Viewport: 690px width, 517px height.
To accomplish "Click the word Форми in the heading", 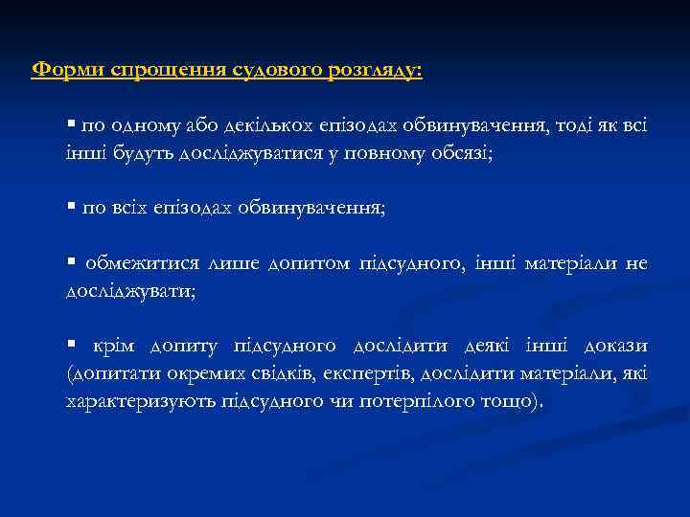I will (68, 71).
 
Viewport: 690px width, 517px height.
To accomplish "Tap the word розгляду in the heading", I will (374, 71).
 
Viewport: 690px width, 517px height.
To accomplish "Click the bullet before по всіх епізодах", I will (70, 208).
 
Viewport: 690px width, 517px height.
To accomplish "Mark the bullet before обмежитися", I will (70, 263).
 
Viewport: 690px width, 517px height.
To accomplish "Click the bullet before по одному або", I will (70, 125).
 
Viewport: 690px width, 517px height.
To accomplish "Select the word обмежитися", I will (134, 263).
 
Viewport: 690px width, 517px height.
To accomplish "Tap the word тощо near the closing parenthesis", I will (505, 400).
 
